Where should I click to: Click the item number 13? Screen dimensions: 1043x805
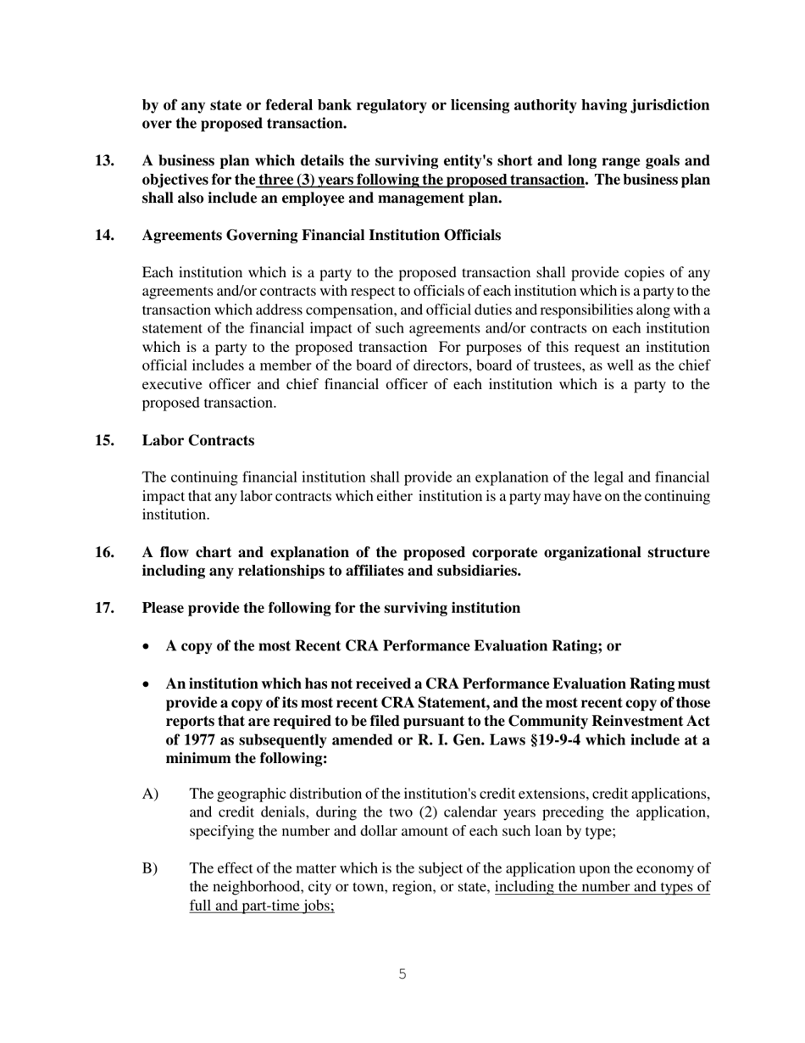point(104,161)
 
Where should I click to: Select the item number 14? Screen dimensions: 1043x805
point(104,235)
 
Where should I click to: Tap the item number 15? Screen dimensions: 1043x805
point(104,441)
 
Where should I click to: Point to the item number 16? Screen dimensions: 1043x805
point(104,553)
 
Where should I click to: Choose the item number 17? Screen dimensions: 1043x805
point(104,608)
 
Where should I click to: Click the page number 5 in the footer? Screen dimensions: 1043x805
point(402,975)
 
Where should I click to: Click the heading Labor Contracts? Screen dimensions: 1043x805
point(197,441)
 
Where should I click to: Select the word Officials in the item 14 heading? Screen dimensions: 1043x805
point(472,235)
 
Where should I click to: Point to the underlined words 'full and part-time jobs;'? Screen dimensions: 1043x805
point(262,906)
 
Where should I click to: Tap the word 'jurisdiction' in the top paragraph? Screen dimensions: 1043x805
point(669,105)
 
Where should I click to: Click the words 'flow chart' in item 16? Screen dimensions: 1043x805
point(188,553)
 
